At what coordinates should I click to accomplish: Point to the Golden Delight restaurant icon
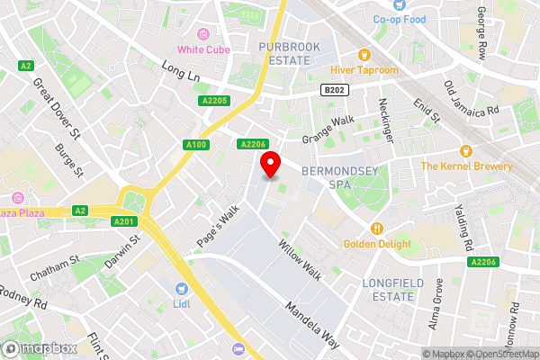[377, 228]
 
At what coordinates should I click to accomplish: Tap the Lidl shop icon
[183, 289]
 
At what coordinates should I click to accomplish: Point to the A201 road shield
[123, 221]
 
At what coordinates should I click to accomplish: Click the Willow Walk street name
[300, 258]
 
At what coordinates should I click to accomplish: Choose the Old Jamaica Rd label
[472, 100]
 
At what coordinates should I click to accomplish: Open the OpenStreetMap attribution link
[500, 353]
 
